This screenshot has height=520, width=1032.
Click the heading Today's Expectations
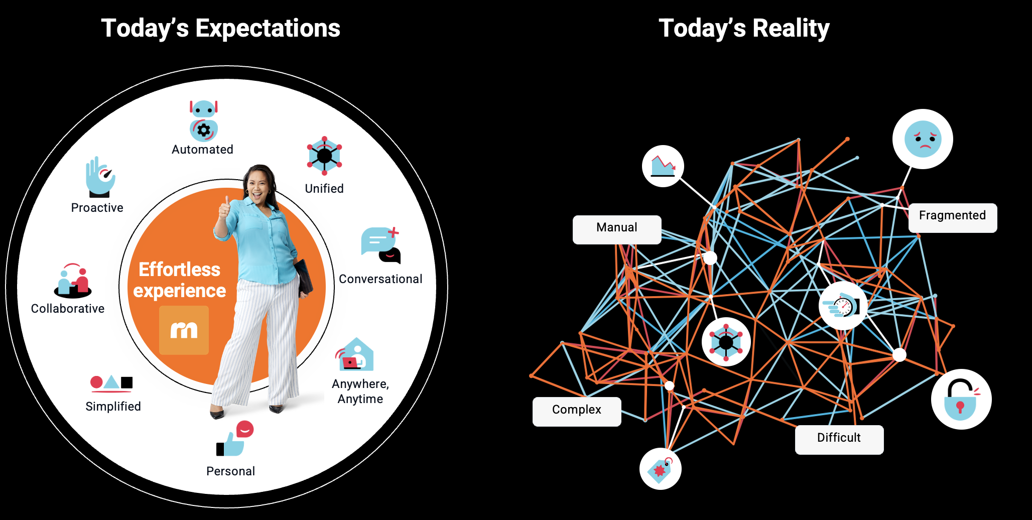221,28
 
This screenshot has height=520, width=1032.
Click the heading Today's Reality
744,28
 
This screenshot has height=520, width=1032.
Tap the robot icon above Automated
203,121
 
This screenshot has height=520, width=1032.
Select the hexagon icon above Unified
324,156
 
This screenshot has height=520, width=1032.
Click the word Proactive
97,208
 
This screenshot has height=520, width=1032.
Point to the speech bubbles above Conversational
381,245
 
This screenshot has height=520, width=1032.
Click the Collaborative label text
68,309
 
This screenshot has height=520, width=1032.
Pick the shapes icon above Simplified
111,383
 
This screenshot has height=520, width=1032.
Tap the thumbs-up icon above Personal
235,438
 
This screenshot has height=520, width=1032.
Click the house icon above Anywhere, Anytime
354,354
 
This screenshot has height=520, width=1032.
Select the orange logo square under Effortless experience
184,330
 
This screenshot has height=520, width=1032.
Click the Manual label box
617,230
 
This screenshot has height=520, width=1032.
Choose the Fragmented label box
953,218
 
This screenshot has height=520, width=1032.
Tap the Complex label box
577,412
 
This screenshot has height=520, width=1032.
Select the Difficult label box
839,440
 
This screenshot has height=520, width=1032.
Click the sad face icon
923,139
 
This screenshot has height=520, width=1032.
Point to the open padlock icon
961,399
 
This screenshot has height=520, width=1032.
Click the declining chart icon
663,166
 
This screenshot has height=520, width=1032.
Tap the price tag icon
661,469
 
